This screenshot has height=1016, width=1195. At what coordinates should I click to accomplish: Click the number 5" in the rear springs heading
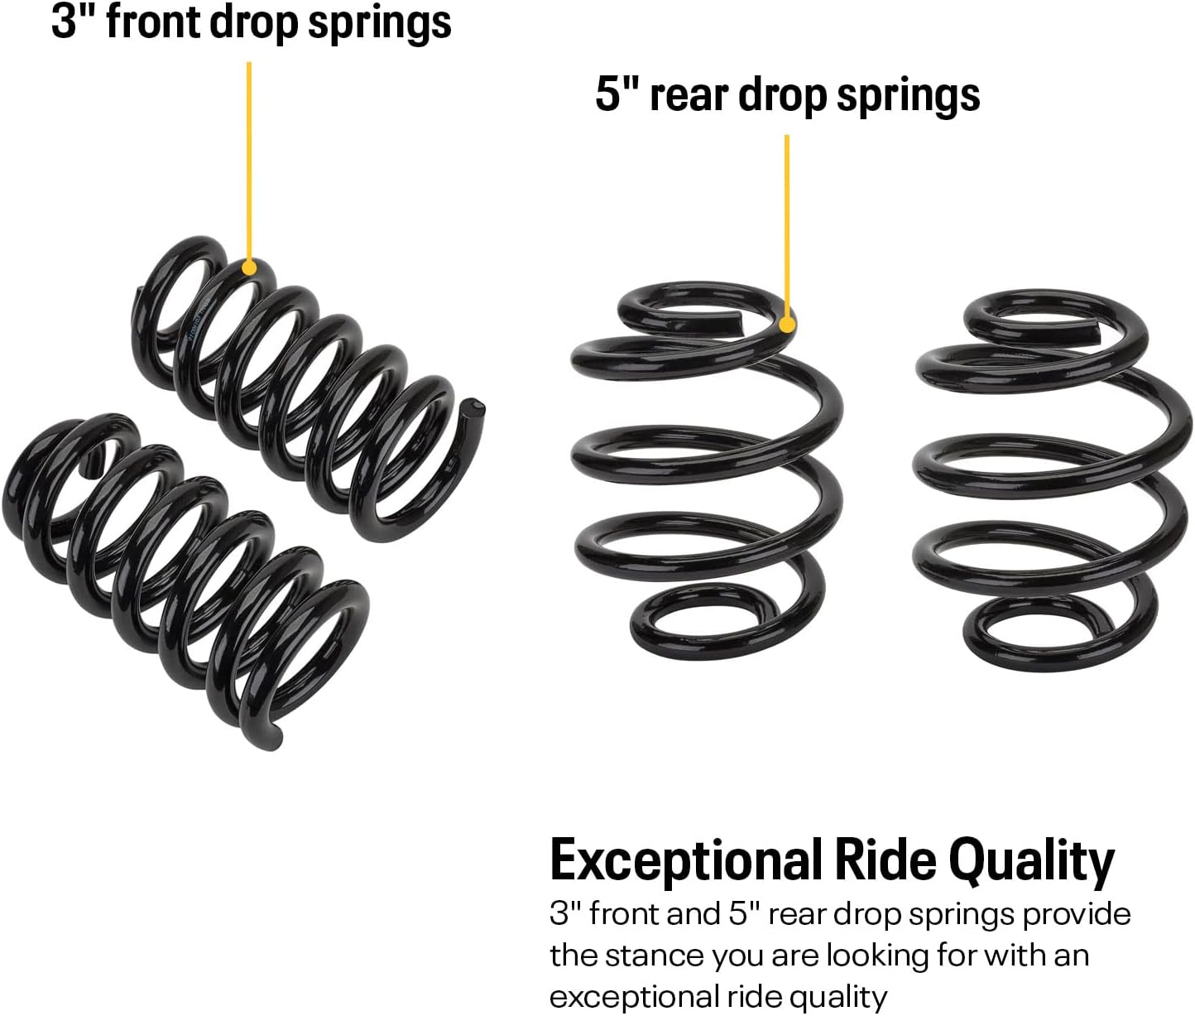(617, 94)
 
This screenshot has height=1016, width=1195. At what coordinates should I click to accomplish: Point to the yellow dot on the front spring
(248, 268)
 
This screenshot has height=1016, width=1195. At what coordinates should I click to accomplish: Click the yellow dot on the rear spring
(787, 324)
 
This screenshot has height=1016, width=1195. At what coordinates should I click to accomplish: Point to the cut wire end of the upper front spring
(473, 409)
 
